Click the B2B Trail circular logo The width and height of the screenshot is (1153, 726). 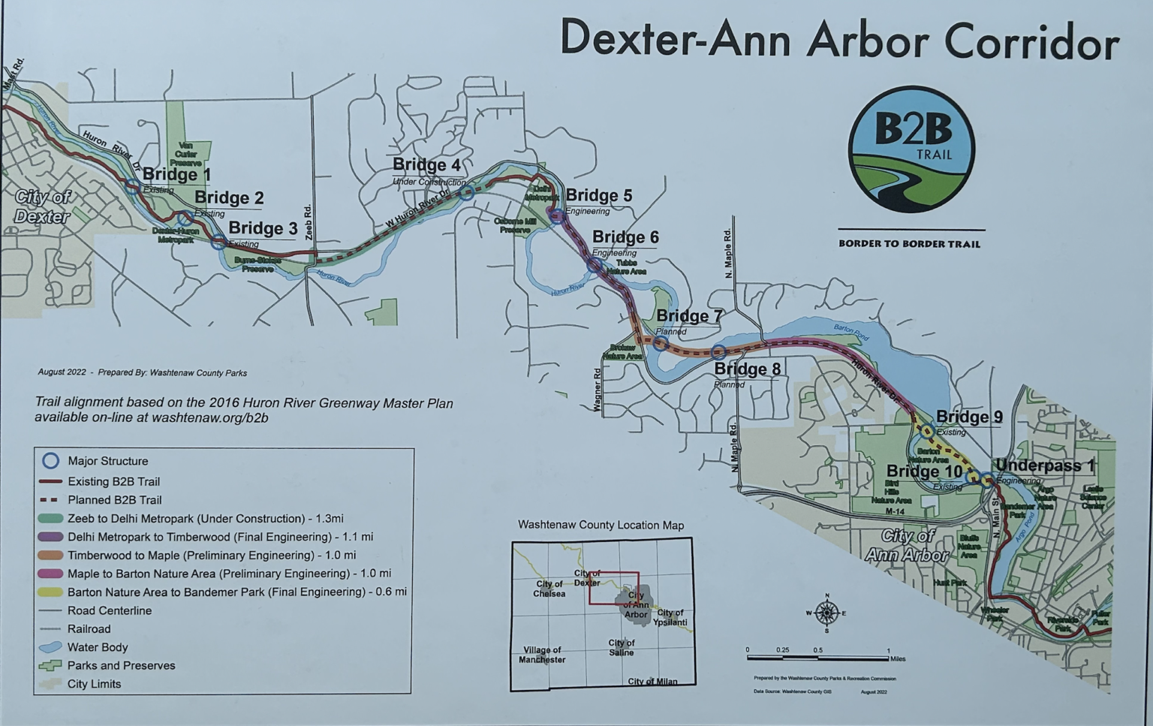[911, 149]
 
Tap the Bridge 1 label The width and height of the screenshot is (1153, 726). [176, 175]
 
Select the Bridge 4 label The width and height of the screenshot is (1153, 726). [426, 165]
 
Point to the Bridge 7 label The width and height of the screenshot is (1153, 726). [689, 316]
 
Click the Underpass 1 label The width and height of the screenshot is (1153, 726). [1044, 466]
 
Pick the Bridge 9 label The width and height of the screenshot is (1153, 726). [969, 417]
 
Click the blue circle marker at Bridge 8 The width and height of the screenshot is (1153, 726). [718, 351]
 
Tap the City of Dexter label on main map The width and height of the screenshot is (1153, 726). [43, 207]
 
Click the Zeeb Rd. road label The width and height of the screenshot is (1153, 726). [308, 222]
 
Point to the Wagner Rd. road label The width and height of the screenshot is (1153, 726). [598, 389]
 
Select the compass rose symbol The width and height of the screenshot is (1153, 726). [826, 613]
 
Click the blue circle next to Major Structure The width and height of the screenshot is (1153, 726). [50, 460]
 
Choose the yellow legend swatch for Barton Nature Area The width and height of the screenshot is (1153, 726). [50, 592]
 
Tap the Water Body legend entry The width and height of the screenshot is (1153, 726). [97, 647]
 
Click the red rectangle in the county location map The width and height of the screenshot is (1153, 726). [613, 588]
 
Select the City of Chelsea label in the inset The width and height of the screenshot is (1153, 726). [549, 589]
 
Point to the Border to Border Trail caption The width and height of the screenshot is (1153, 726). [909, 244]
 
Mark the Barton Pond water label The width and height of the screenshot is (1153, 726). [850, 332]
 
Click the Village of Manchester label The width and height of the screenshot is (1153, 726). [542, 655]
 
